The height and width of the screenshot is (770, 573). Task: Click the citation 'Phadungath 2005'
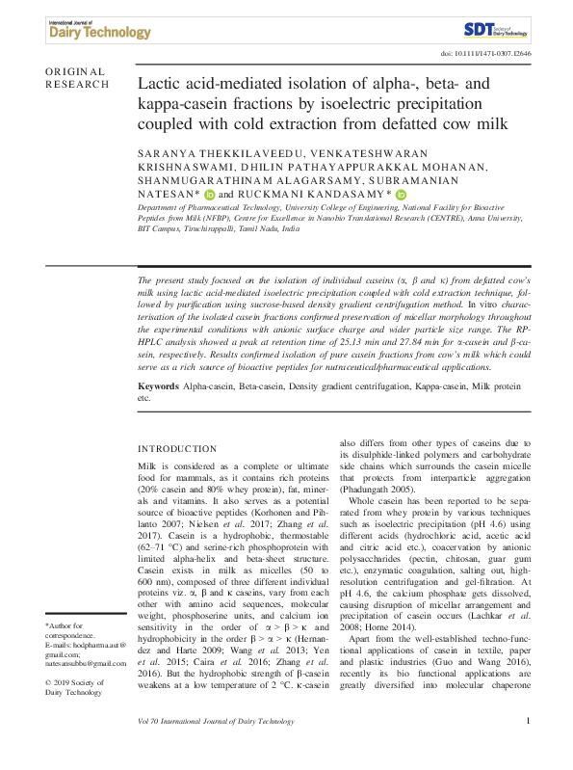378,489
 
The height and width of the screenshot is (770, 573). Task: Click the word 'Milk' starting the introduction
149,466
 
